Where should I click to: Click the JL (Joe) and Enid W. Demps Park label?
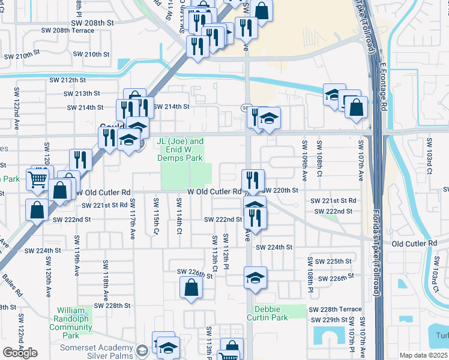coord(180,149)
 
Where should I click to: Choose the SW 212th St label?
coord(68,80)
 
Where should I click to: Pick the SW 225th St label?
coord(334,262)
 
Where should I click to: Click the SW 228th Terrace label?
coord(334,309)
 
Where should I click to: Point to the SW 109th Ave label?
coord(304,160)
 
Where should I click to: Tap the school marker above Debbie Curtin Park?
coord(255,278)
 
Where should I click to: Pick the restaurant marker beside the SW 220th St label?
coord(253,180)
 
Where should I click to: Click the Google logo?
coord(20,353)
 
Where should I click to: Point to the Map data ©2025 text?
coord(423,355)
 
